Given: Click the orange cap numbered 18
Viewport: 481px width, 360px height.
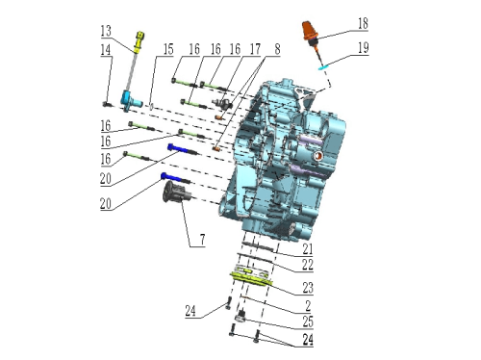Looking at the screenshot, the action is [310, 31].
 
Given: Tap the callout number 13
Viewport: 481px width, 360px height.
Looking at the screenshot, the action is [106, 31].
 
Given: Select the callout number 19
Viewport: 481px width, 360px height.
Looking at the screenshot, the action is [363, 48].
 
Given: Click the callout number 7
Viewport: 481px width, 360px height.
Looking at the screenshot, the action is [202, 240].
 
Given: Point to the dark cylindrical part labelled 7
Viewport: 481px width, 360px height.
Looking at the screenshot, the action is [176, 192].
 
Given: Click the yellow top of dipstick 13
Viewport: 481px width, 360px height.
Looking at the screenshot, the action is [139, 41].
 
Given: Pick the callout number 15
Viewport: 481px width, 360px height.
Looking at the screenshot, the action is [168, 49].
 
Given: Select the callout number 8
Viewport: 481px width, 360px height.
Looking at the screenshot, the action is [277, 49].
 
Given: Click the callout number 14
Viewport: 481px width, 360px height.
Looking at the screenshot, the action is [106, 50].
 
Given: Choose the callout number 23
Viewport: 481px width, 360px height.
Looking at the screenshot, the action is [308, 288].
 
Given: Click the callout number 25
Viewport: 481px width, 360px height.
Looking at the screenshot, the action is [308, 321].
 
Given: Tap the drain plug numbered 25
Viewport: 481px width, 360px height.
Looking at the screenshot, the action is [240, 316].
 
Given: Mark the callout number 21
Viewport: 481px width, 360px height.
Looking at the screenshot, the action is [308, 248].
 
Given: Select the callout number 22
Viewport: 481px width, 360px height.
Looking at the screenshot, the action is [308, 265].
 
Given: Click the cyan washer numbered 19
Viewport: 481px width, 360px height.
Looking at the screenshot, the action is [323, 66].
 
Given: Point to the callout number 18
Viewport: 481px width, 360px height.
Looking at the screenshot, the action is [363, 24].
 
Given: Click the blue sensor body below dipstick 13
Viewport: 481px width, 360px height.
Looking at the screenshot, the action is [131, 100].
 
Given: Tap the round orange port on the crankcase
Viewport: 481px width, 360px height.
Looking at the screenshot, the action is [318, 156].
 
